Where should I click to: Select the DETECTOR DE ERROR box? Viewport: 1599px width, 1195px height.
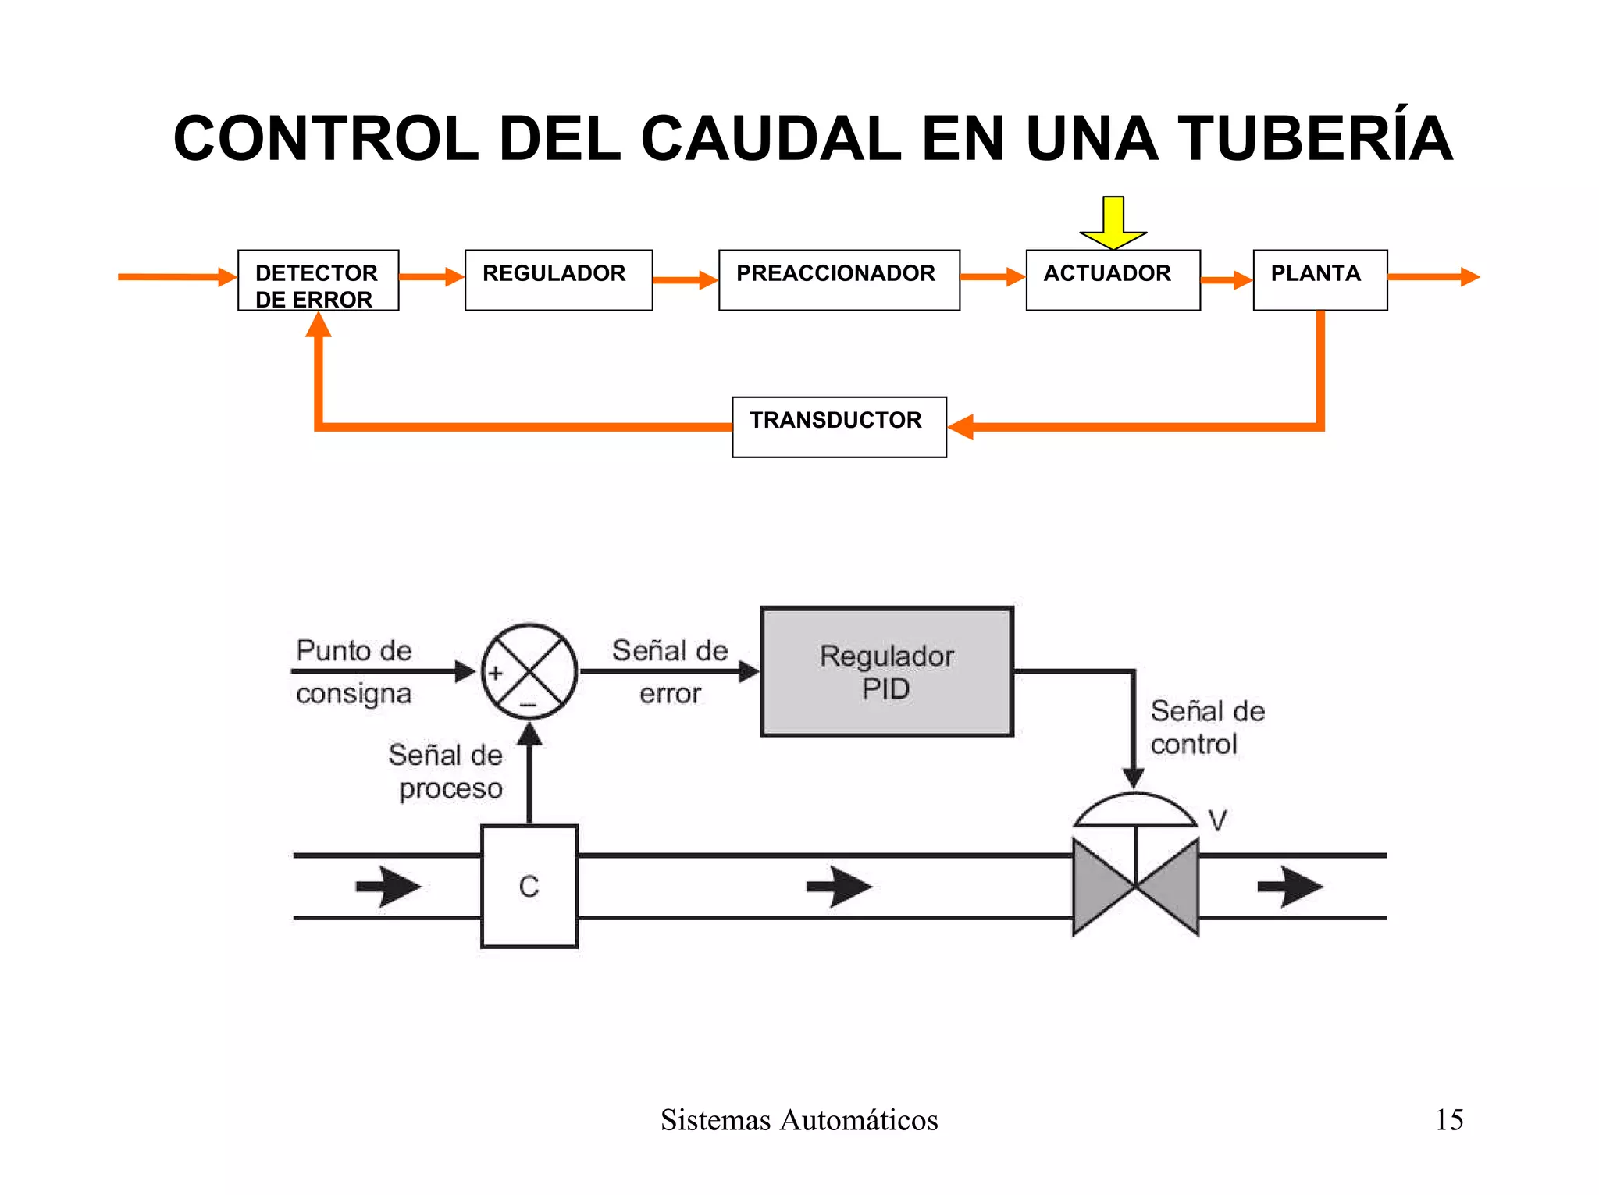coord(318,281)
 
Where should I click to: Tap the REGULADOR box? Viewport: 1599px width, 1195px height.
coord(558,280)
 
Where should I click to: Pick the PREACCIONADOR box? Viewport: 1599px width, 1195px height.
coord(839,280)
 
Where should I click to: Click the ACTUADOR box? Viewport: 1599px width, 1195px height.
coord(1113,280)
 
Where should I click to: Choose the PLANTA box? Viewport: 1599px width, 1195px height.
coord(1319,280)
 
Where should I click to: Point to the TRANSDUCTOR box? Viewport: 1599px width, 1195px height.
coord(839,427)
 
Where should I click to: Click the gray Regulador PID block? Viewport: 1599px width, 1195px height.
coord(886,672)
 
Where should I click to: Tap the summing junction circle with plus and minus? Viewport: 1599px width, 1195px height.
coord(529,671)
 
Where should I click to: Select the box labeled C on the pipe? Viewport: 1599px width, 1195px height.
coord(529,886)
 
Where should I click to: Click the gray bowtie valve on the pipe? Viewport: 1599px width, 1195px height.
coord(1135,886)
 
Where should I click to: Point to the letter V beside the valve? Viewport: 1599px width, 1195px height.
coord(1217,820)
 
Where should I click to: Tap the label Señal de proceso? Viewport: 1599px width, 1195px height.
coord(447,771)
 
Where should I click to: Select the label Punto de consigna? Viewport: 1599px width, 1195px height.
coord(354,671)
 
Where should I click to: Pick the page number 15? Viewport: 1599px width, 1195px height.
coord(1448,1119)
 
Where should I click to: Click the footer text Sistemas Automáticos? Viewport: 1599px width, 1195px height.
coord(799,1119)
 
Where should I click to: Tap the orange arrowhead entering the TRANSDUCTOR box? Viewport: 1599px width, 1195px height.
coord(960,427)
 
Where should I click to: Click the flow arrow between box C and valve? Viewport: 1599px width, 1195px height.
coord(839,887)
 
